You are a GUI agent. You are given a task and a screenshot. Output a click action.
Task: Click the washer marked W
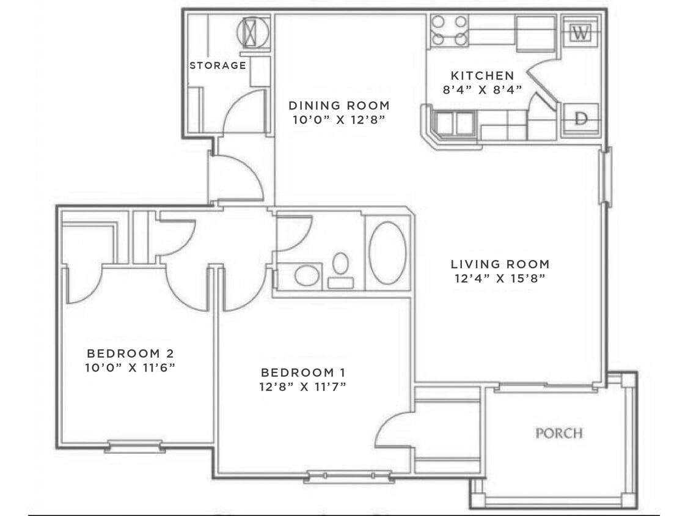(x=580, y=32)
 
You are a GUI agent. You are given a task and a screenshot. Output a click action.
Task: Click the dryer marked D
(x=580, y=118)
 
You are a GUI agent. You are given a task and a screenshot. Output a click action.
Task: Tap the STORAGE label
(x=218, y=65)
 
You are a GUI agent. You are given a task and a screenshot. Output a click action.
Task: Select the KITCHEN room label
(x=482, y=75)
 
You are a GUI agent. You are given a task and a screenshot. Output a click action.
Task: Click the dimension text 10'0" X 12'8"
(x=339, y=120)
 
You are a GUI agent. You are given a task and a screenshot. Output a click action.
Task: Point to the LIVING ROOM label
(x=500, y=264)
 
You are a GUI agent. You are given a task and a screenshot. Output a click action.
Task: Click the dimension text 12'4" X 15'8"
(x=500, y=278)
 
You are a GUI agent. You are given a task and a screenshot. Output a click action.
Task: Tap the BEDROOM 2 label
(x=130, y=353)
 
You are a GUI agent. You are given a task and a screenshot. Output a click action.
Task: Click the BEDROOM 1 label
(x=303, y=372)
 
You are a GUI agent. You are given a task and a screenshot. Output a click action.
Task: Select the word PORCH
(x=559, y=433)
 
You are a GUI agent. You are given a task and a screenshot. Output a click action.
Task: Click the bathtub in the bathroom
(x=387, y=253)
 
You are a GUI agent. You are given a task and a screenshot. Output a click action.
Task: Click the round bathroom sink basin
(x=307, y=276)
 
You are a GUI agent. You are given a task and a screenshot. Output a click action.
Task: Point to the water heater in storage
(x=253, y=32)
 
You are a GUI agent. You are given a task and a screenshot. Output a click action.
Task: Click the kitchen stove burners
(x=449, y=31)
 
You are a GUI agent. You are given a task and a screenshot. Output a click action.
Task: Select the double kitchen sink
(x=455, y=123)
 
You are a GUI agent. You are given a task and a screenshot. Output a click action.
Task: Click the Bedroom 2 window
(x=134, y=446)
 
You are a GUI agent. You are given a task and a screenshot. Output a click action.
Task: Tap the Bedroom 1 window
(x=349, y=476)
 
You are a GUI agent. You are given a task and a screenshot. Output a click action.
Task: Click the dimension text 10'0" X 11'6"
(x=130, y=367)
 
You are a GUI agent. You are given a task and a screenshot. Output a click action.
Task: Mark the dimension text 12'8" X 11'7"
(x=303, y=386)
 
